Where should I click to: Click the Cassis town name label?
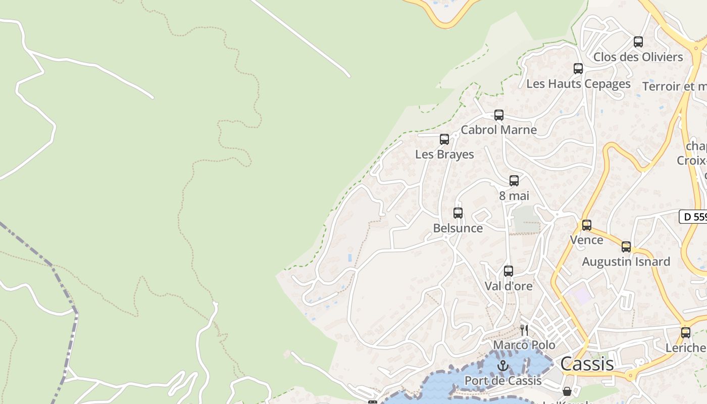587,364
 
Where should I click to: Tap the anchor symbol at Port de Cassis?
503,366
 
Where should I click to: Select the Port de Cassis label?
503,381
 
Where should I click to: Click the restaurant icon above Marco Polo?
524,330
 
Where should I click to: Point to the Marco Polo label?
524,345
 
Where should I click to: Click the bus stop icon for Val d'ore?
509,271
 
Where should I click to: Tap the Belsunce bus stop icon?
458,213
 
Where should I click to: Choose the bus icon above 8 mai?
514,180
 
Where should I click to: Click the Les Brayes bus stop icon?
444,139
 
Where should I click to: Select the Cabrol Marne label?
499,130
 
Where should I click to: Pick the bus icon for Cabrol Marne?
499,115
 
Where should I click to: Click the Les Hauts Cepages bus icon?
578,69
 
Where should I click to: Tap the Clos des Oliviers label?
638,57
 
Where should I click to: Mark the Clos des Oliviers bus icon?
638,42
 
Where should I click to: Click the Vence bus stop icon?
587,225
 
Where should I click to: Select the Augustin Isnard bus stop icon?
626,247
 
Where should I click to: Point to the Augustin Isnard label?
626,262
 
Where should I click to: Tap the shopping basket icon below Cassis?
567,391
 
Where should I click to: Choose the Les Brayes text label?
444,154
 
